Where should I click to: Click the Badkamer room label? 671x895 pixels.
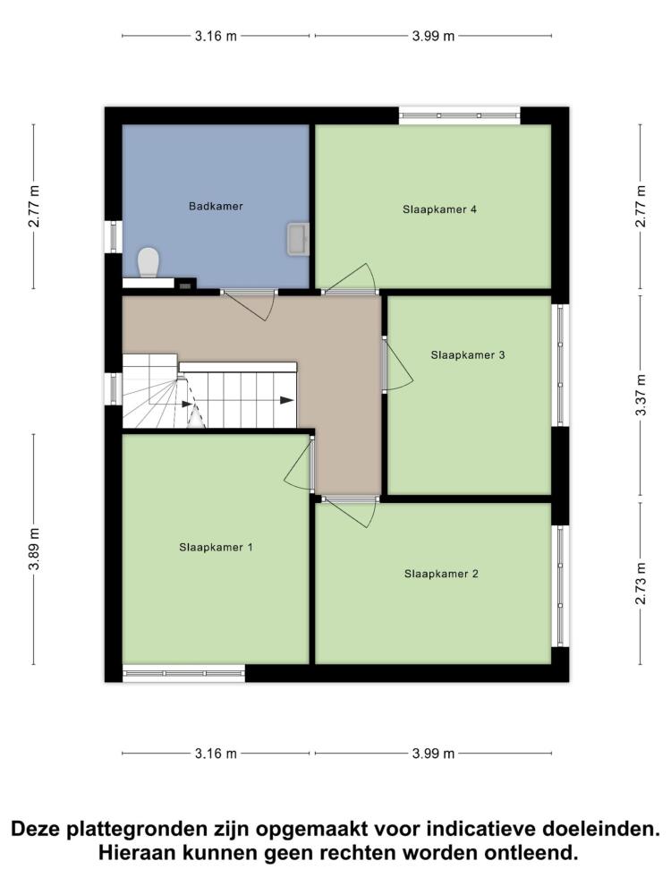(216, 206)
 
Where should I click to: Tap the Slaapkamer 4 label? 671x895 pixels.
(439, 209)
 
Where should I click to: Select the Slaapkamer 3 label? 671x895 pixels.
(468, 355)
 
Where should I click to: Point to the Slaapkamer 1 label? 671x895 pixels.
(216, 548)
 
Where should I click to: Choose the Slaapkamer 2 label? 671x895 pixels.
(441, 574)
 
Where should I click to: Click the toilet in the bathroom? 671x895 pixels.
(149, 262)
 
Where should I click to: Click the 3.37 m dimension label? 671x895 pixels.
(641, 395)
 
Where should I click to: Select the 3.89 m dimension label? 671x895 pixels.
(34, 550)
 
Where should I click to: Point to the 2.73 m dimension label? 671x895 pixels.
(641, 584)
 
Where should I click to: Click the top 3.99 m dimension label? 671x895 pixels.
(434, 36)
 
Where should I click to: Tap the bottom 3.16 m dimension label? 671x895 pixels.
(216, 754)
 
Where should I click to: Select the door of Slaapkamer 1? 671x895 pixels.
(300, 463)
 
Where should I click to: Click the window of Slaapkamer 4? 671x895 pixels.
(459, 115)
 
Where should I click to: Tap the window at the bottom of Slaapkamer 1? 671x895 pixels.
(183, 674)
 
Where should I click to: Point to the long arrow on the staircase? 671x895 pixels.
(239, 401)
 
